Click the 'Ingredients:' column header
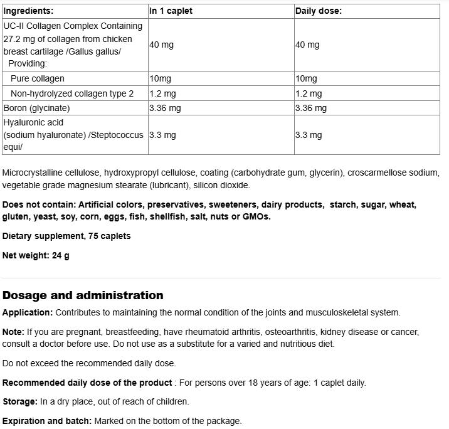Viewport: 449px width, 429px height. point(28,11)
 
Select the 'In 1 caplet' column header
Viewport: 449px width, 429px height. point(171,11)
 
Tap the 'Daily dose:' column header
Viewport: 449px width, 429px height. point(318,11)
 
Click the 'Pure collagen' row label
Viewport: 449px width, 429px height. point(38,78)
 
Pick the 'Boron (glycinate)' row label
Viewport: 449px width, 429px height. point(36,108)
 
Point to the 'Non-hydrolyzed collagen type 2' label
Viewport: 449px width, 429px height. point(72,93)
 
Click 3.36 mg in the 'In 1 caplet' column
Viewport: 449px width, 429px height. point(165,108)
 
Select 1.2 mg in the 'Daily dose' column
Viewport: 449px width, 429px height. point(309,93)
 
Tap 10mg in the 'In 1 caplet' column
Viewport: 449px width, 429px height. point(160,78)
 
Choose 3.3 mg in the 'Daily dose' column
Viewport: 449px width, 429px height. point(309,135)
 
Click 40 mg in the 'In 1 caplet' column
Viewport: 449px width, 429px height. point(161,45)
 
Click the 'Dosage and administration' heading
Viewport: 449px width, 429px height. point(83,295)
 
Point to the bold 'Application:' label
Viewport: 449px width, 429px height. point(27,312)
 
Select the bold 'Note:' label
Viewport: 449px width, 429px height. point(13,332)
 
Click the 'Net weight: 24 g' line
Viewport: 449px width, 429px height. point(36,255)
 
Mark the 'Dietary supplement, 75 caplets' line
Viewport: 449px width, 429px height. point(66,236)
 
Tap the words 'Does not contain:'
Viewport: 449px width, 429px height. point(38,204)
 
